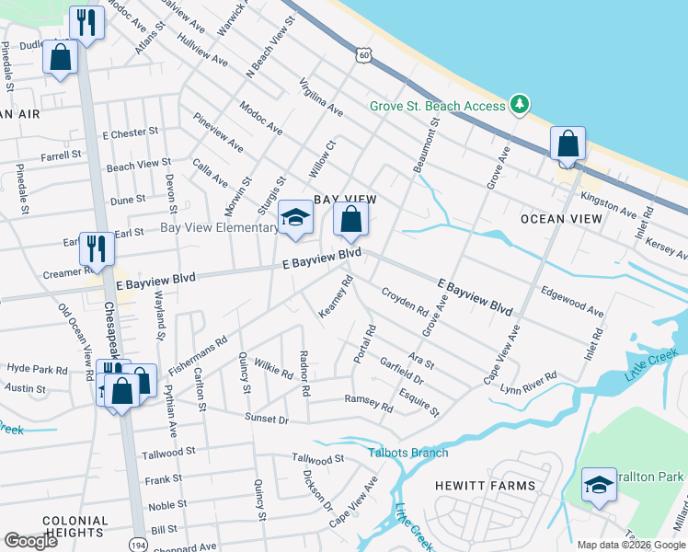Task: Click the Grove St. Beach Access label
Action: point(437,106)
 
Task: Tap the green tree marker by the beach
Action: point(521,105)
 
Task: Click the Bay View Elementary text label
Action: point(219,227)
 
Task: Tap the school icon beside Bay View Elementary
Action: point(295,218)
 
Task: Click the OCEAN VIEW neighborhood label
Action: point(561,219)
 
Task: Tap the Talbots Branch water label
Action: point(408,453)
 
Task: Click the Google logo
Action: point(31,541)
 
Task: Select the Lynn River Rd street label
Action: point(528,384)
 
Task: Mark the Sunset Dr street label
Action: point(266,419)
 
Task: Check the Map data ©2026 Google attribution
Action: point(630,545)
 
